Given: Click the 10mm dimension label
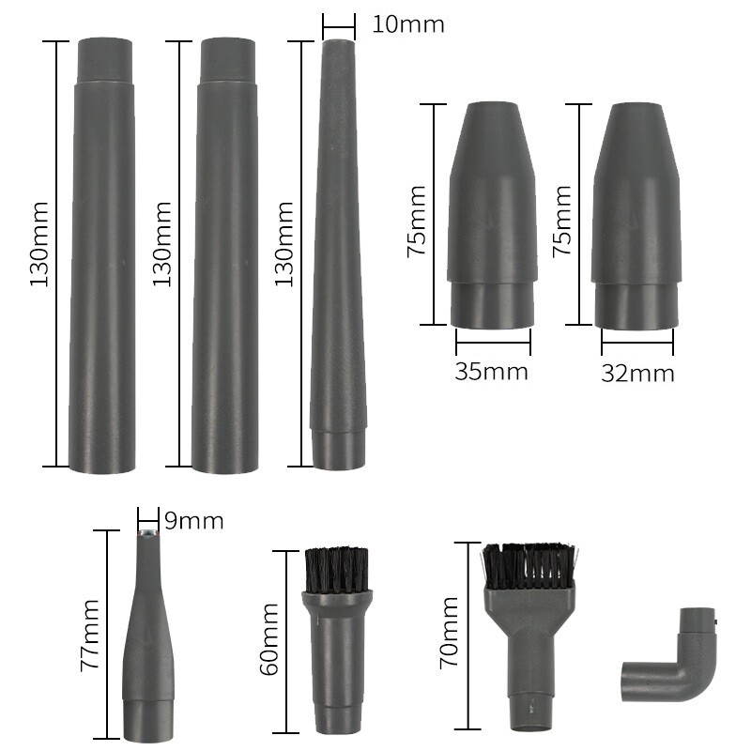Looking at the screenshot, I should coord(407,23).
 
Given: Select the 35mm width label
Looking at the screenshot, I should coord(491,371).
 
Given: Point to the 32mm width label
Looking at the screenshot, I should coord(637,373).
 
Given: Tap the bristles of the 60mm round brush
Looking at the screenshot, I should coord(337,568).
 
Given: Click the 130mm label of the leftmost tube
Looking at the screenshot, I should coord(39,244).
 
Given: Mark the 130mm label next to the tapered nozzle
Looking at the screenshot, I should coord(282,244).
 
